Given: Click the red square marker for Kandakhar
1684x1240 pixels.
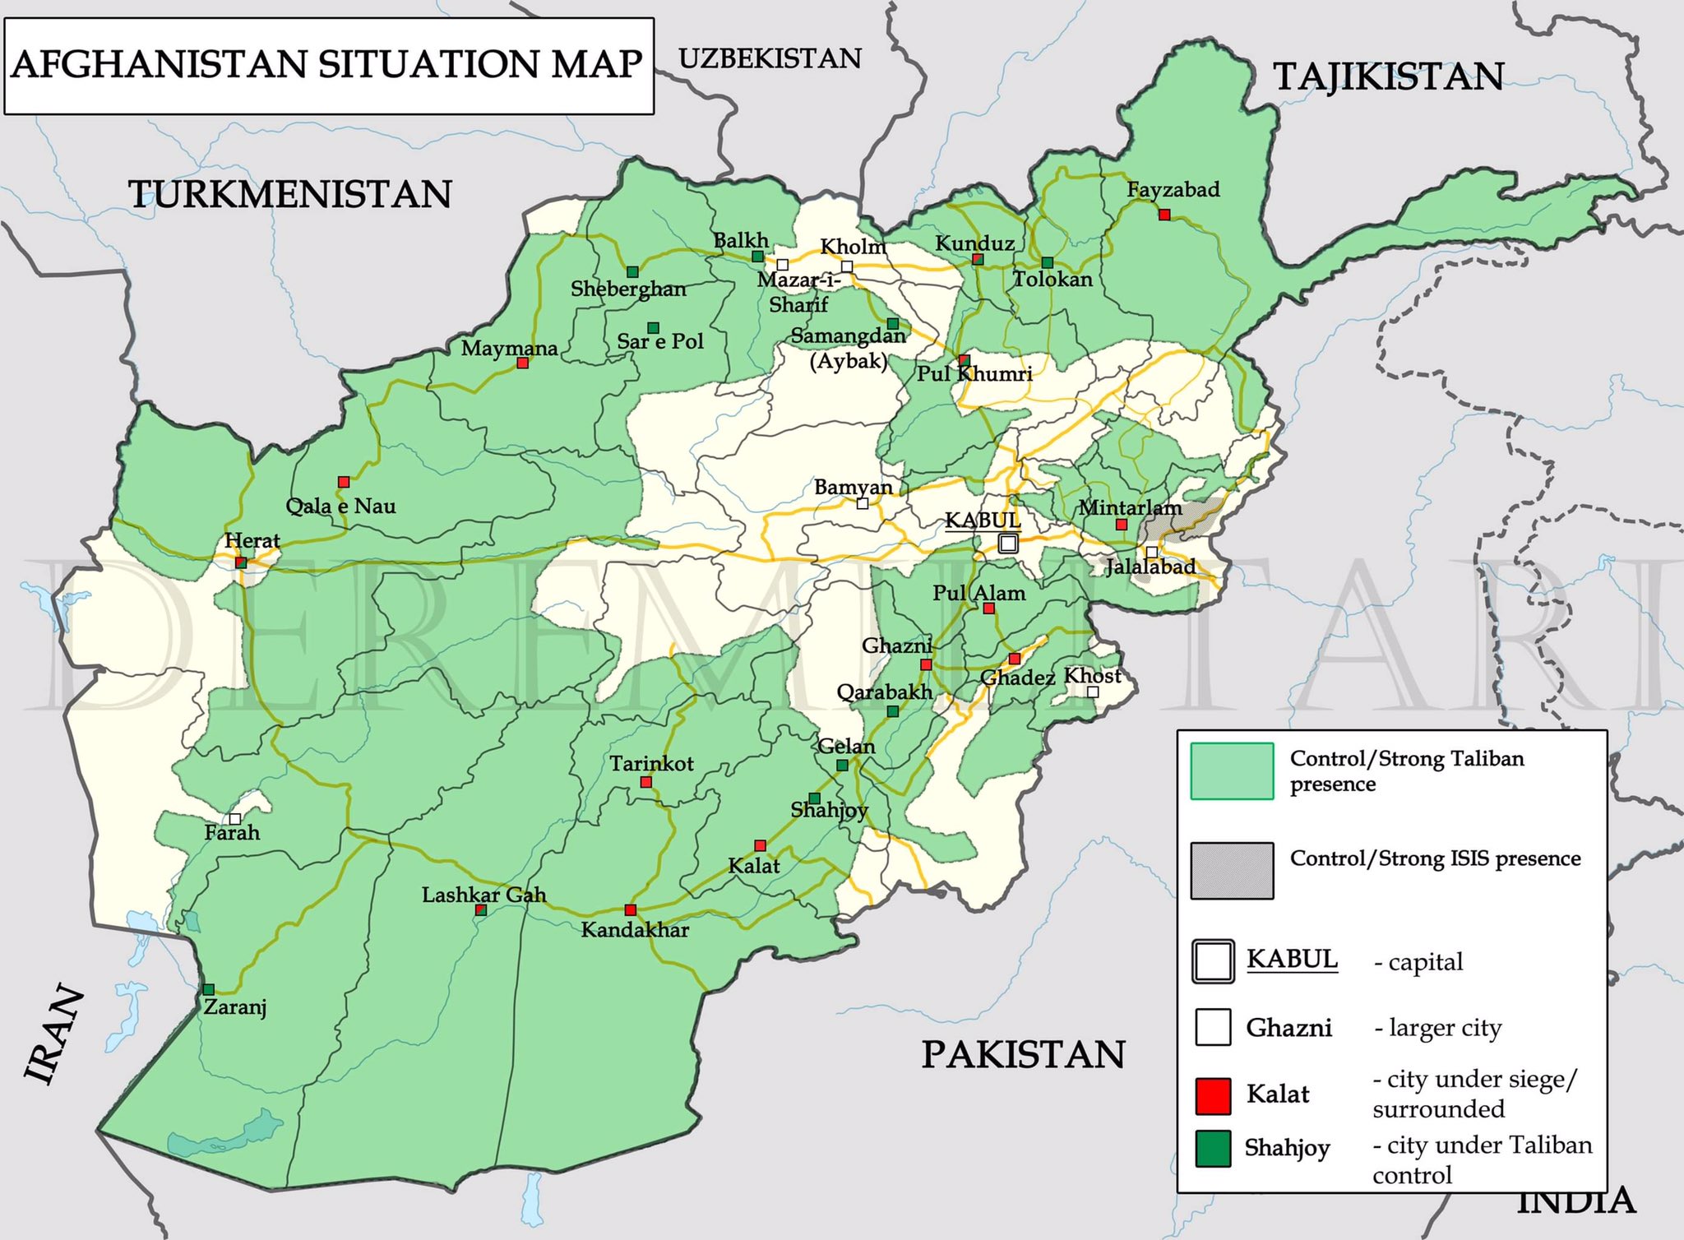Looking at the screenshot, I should tap(631, 909).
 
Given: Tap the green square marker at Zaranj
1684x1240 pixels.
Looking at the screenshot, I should tap(209, 989).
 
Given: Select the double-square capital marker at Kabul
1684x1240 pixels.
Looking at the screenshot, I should tap(1008, 544).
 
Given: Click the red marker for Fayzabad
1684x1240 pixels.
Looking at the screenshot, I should tap(1164, 215).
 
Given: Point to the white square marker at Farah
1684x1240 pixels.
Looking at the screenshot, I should tap(235, 819).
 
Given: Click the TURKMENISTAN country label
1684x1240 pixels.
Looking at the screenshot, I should tap(289, 195).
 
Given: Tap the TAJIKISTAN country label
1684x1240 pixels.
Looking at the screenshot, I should tap(1389, 76).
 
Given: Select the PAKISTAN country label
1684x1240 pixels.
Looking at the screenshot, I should tap(1023, 1054).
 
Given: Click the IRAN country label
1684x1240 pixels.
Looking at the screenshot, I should tap(54, 1034).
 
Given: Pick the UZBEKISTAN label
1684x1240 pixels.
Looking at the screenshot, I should tap(770, 58).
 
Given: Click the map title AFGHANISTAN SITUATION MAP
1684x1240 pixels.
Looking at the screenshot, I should tap(327, 65).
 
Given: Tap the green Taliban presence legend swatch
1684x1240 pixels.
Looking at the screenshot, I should tap(1232, 770).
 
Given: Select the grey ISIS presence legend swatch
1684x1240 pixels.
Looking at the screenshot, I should tap(1232, 871).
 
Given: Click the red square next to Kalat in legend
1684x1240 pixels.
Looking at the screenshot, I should tap(1213, 1096).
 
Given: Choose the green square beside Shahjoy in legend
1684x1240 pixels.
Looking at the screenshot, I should tap(1213, 1149).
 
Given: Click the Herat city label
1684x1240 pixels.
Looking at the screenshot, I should tap(252, 541).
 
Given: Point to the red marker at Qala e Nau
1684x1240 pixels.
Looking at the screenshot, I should tap(344, 482).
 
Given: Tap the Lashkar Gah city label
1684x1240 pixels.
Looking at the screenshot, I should tap(483, 895).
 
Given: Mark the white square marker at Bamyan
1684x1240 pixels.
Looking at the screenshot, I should tap(863, 503).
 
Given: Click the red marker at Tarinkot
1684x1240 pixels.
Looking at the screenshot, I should tap(646, 782).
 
